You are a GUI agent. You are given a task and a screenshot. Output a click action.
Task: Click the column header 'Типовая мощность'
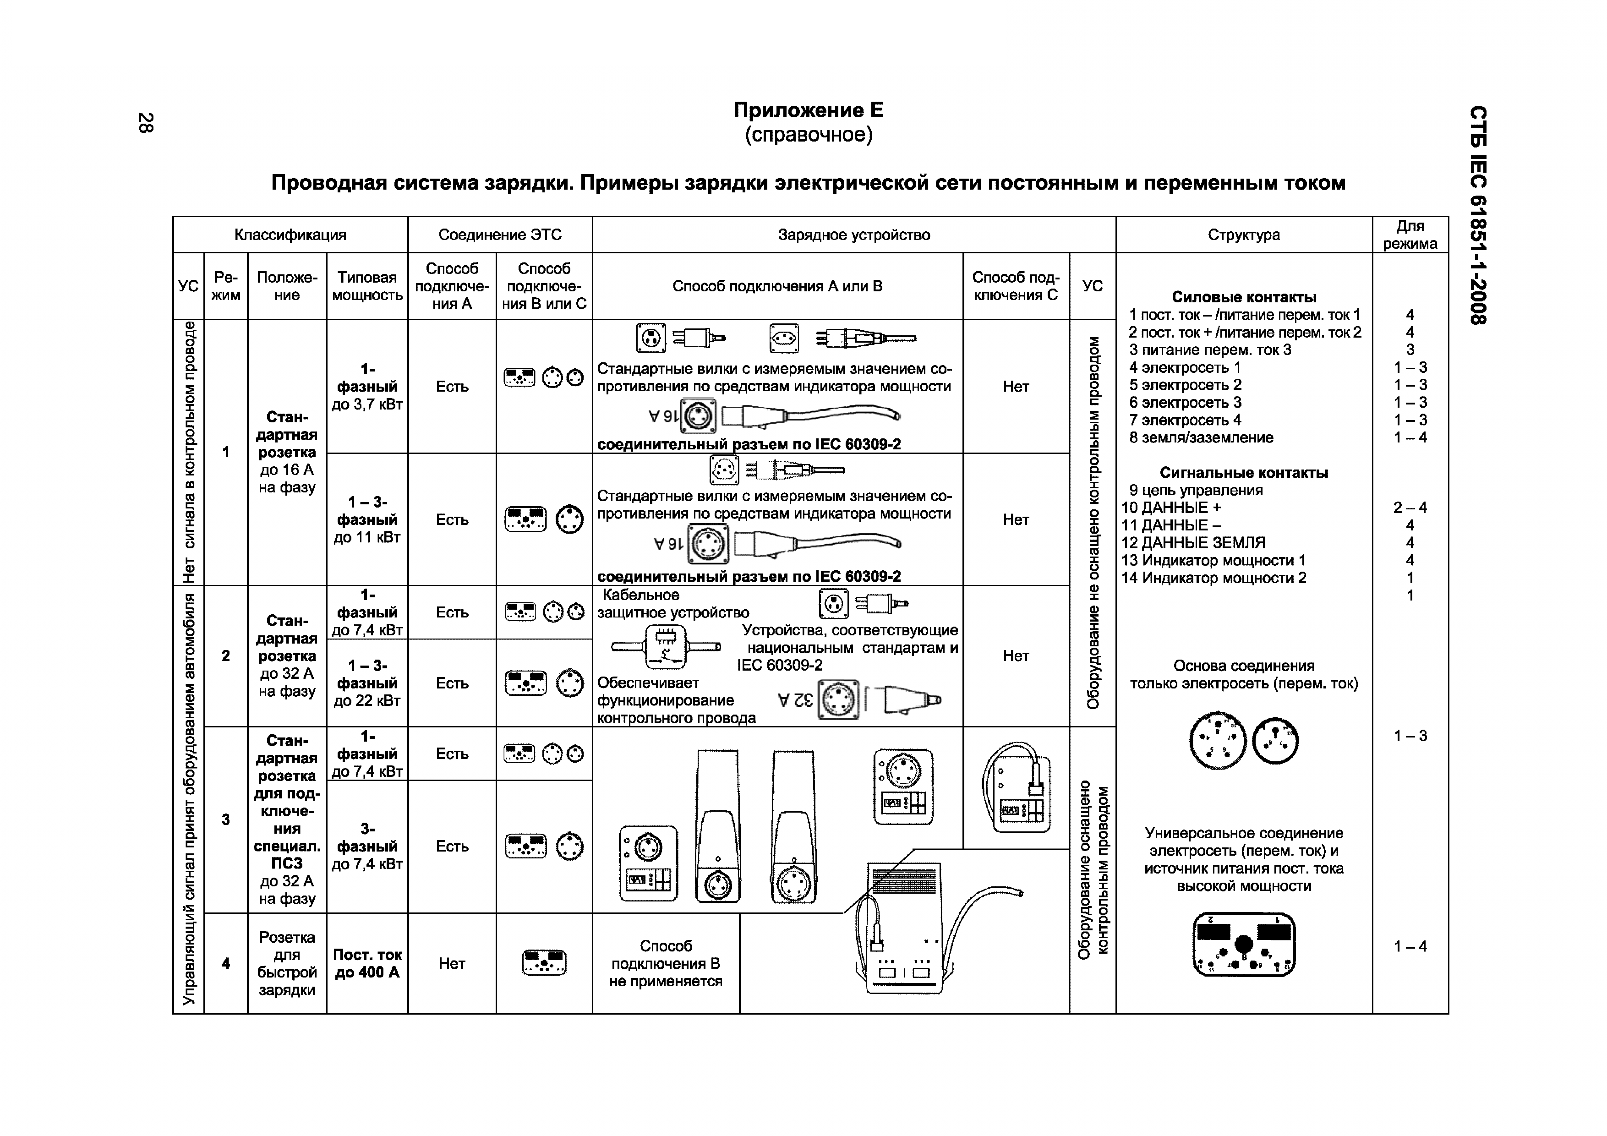pos(367,286)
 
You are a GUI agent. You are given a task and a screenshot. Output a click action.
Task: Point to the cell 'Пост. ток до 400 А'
pos(367,964)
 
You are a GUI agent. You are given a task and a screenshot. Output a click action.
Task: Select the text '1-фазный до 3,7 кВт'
pos(367,386)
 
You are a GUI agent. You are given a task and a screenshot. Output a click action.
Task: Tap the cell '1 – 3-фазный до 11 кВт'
pos(367,519)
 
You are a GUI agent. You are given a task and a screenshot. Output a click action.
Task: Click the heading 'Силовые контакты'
pos(1244,297)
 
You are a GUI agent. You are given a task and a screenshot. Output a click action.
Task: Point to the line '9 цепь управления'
pos(1196,491)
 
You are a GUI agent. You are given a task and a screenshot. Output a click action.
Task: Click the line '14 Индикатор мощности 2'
pos(1213,578)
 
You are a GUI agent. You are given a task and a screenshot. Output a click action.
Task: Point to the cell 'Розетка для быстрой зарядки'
pos(287,964)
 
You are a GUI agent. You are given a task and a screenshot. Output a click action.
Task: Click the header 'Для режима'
pos(1410,235)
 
